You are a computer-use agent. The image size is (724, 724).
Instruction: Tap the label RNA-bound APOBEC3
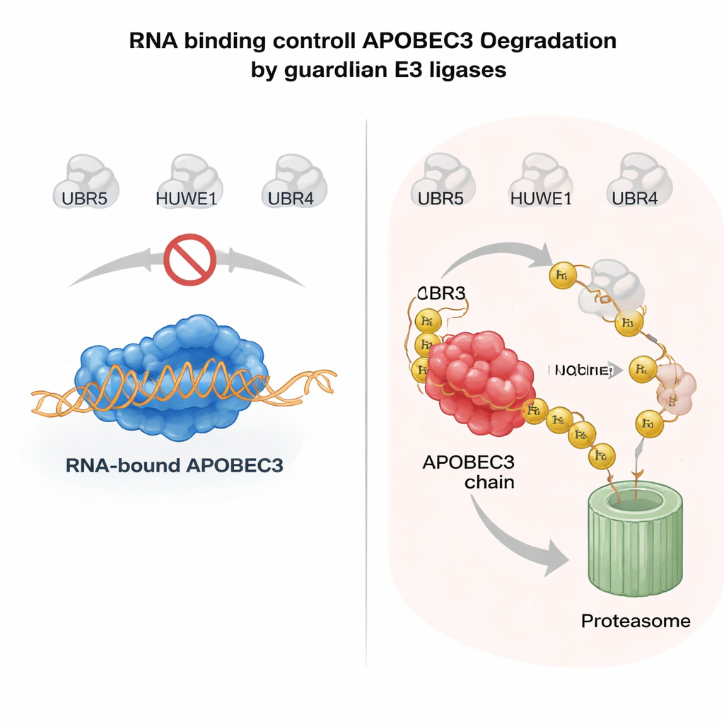coord(174,466)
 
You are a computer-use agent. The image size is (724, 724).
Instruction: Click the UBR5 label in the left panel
coord(84,199)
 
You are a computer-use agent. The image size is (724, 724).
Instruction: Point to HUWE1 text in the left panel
coord(186,199)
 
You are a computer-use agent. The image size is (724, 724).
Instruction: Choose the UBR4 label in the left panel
coord(291,199)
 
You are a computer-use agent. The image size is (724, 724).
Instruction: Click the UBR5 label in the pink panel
coord(440,199)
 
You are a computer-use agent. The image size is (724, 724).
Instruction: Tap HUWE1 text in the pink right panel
coord(540,199)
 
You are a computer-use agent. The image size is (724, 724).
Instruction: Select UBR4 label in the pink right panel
coord(635,199)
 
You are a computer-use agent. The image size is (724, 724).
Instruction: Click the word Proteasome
coord(635,621)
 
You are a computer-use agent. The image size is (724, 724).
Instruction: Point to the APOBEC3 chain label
coord(468,472)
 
